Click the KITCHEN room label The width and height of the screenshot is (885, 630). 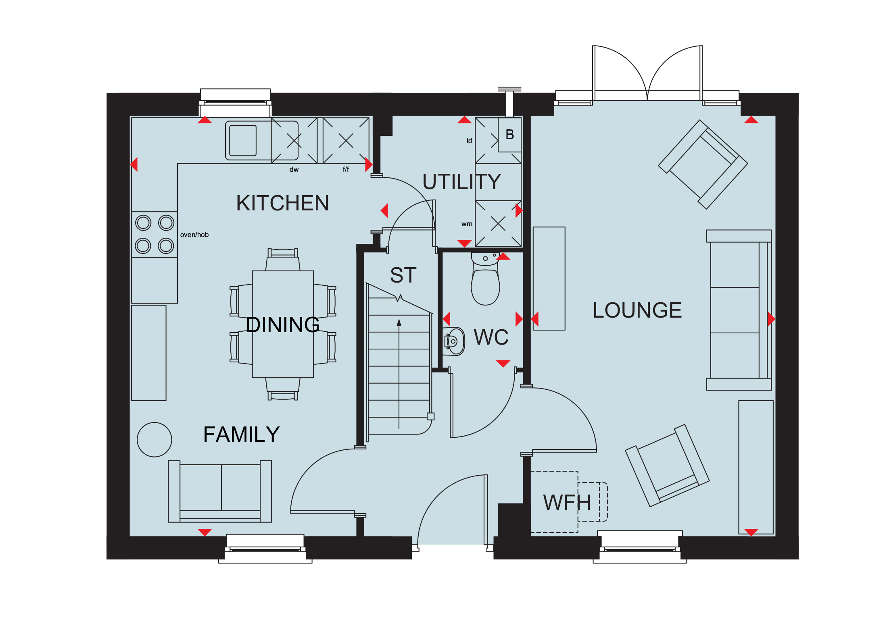(282, 203)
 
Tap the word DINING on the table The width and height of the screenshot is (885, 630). (283, 324)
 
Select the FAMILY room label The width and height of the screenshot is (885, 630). (241, 434)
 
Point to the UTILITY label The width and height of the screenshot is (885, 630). (461, 181)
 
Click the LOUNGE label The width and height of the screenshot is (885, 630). (637, 310)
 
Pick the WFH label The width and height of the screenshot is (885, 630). (567, 502)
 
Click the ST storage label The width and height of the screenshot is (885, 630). (403, 275)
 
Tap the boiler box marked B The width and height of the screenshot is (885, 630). (509, 135)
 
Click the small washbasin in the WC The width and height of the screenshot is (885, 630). (454, 341)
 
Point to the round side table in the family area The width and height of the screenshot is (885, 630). (154, 439)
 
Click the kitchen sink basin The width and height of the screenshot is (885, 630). (243, 140)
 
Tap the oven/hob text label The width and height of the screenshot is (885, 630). (194, 235)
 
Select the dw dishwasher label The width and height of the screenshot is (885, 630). (294, 169)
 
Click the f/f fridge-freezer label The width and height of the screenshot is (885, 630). (346, 169)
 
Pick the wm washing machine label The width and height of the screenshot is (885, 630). (467, 224)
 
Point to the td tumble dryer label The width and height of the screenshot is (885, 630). (469, 141)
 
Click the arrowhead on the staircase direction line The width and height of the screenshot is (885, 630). (399, 322)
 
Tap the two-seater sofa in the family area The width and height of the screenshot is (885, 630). (220, 491)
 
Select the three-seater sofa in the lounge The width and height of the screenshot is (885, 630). (739, 310)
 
